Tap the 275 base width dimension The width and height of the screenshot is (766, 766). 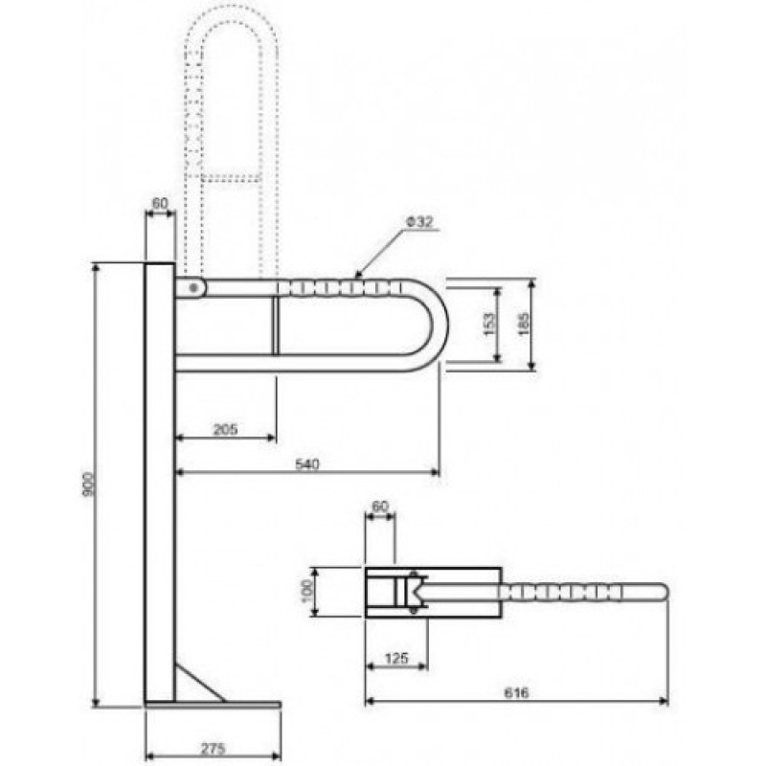tap(213, 748)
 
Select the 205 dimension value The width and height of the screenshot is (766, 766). tap(225, 429)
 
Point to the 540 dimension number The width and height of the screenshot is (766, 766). tap(307, 463)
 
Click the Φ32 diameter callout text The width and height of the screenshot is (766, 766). tap(419, 222)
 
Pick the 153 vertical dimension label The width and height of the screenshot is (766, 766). tap(489, 325)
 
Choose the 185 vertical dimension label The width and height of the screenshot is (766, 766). tap(523, 325)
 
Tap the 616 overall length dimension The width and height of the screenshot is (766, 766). tap(516, 692)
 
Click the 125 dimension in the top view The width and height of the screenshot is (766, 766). tap(396, 658)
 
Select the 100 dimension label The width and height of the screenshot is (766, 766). tap(307, 592)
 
